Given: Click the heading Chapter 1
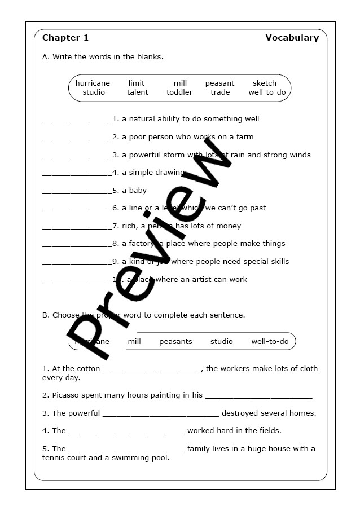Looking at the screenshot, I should [65, 38].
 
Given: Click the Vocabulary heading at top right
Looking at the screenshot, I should [292, 38].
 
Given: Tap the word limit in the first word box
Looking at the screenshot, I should [137, 83].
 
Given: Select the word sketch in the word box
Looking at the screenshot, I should [264, 83].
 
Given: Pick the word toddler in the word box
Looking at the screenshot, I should [179, 92].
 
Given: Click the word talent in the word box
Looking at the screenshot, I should [138, 92].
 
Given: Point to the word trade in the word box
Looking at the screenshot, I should [220, 92].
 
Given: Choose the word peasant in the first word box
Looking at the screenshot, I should [219, 83].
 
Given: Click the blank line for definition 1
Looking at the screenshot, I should [77, 120].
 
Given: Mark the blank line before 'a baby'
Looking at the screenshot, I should [77, 191].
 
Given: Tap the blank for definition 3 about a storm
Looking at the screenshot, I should [77, 156].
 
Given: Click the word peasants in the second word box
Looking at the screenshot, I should [175, 341].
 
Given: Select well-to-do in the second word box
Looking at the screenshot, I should [270, 341].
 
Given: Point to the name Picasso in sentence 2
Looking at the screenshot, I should [65, 395].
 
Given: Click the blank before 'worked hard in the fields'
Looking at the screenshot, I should [126, 431].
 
